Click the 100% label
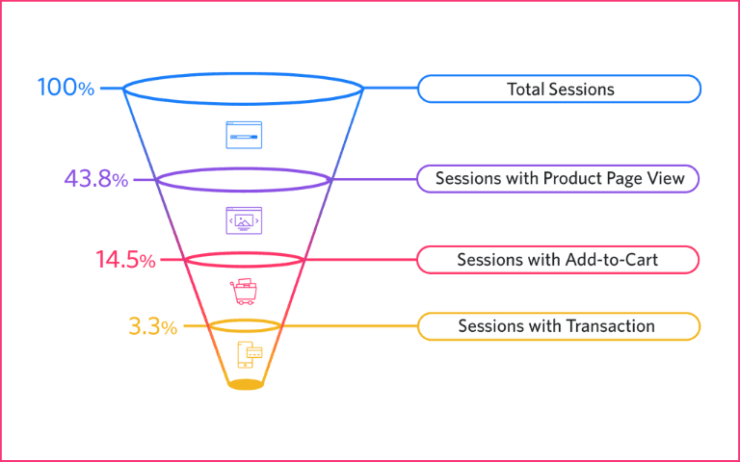(66, 88)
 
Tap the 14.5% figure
(125, 260)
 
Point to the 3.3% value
(152, 327)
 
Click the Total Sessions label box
(559, 90)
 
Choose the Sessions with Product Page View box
(559, 179)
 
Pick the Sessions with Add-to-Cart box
(559, 260)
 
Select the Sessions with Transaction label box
(559, 326)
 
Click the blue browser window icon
(244, 135)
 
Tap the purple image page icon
(244, 220)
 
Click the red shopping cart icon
(244, 292)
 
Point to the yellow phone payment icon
(249, 355)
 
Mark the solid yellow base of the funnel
(246, 385)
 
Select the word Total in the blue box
(526, 90)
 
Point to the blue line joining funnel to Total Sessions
(389, 90)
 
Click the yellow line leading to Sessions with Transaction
(347, 326)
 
